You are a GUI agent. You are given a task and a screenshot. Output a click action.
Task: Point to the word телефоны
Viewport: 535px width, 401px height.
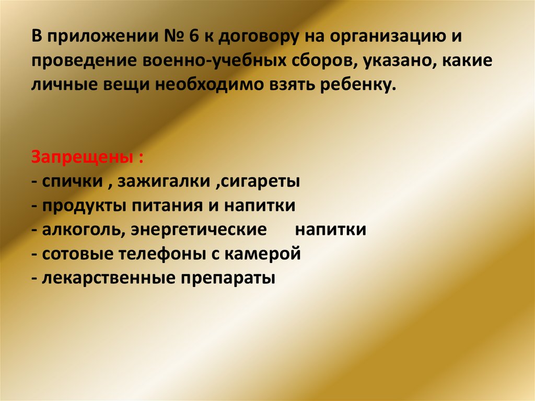pyautogui.click(x=167, y=254)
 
